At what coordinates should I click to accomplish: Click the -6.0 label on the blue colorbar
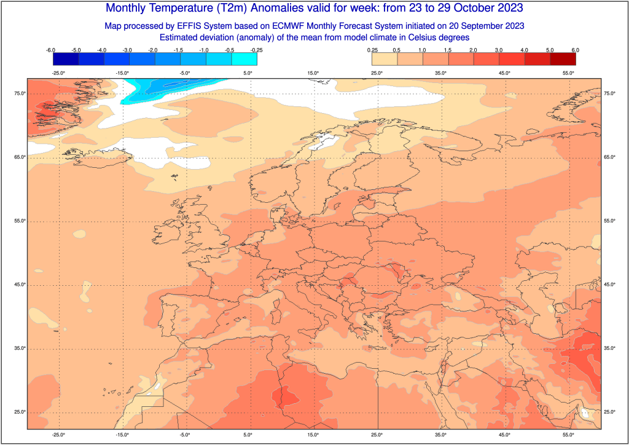pos(51,50)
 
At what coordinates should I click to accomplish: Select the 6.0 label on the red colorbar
pos(576,50)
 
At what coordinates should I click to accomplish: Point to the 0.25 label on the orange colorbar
pos(372,50)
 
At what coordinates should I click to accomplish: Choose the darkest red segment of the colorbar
pos(563,59)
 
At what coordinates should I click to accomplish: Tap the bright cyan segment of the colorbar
pos(244,59)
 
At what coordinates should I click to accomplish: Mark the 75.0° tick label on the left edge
pos(18,93)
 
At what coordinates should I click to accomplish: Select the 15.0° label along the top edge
pos(313,73)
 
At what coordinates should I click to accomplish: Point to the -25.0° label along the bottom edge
pos(58,435)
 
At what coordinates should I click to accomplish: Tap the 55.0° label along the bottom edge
pos(568,435)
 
